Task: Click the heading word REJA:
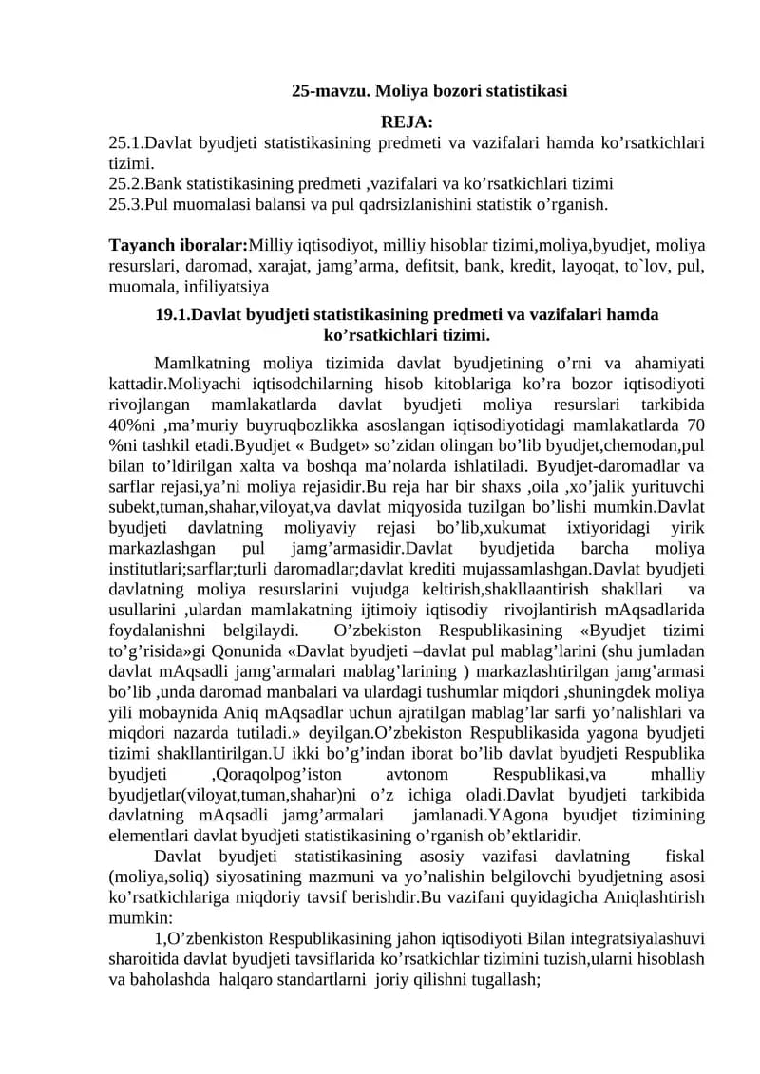[407, 122]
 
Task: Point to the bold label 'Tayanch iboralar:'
[179, 245]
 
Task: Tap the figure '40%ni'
[133, 423]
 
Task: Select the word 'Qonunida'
[265, 649]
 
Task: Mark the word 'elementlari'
[147, 836]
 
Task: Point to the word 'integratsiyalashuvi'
[635, 938]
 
